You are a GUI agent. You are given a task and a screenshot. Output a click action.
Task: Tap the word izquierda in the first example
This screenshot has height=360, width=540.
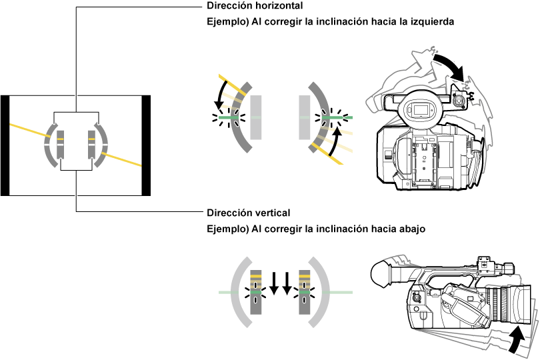pos(432,22)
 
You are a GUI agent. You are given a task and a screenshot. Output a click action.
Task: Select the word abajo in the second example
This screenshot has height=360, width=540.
pos(411,229)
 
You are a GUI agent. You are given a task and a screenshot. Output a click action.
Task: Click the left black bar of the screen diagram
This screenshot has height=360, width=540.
pos(5,145)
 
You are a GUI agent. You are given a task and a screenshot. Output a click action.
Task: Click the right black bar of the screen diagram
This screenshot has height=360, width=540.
pos(147,145)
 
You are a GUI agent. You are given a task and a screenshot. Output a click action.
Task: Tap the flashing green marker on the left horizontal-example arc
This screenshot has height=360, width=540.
pos(228,118)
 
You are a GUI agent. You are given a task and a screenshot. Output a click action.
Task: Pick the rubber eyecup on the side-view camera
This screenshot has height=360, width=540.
pos(379,272)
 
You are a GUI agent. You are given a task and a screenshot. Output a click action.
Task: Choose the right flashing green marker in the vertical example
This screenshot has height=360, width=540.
pos(305,292)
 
